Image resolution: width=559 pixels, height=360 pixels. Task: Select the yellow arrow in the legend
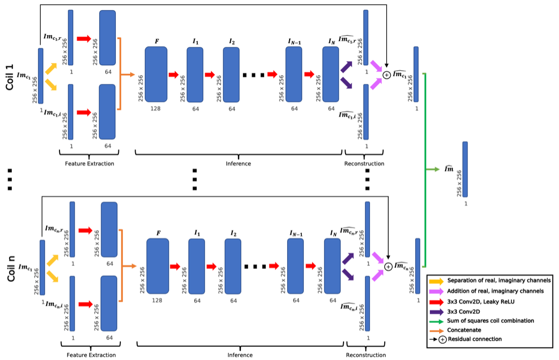click(x=436, y=281)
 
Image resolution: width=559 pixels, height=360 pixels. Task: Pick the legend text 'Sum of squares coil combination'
click(x=490, y=320)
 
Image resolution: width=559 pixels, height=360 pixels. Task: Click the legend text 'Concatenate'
click(x=463, y=329)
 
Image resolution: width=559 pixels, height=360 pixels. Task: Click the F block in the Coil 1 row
click(x=156, y=74)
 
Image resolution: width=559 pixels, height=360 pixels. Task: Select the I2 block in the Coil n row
click(x=233, y=266)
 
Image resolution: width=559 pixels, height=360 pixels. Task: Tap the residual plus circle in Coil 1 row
click(x=386, y=75)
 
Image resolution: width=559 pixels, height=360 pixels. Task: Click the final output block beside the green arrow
click(x=465, y=169)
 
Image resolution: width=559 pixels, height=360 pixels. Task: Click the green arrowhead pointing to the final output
click(x=436, y=169)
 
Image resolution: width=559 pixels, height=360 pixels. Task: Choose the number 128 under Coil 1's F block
click(x=156, y=108)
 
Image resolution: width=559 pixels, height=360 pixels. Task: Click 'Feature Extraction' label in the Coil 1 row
click(x=89, y=164)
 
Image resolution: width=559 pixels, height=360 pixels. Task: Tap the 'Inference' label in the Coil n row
click(x=240, y=355)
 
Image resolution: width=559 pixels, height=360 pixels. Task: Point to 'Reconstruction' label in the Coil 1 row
click(x=364, y=164)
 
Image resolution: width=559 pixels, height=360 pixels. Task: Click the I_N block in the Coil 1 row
click(x=330, y=74)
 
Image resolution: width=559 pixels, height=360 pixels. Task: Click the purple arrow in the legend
click(x=436, y=311)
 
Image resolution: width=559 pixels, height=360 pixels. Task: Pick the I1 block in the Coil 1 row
click(x=195, y=74)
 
